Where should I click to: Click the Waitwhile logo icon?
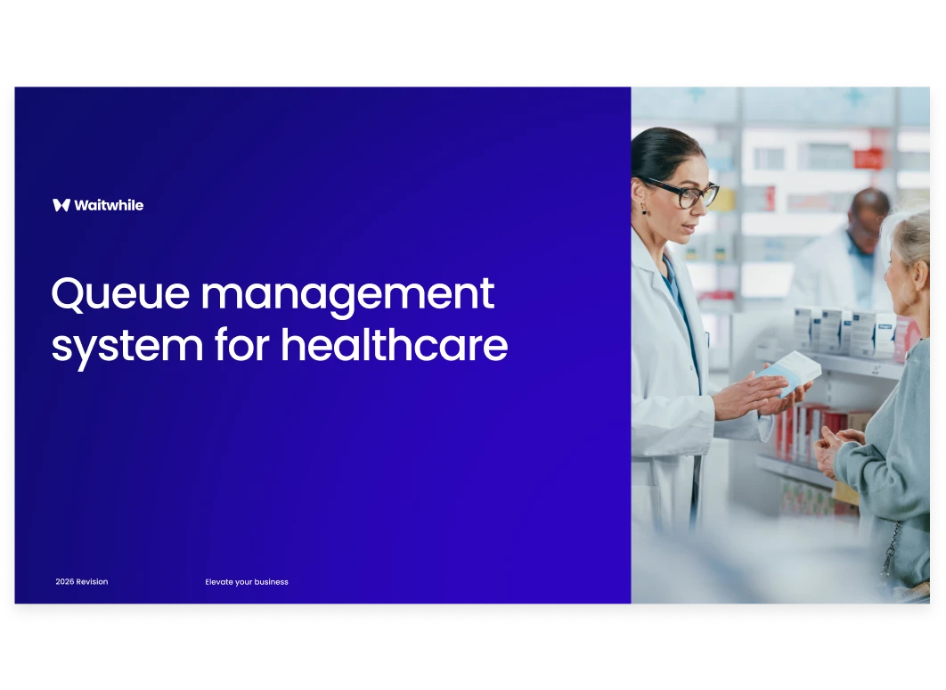click(x=61, y=205)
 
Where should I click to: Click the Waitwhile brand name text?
click(x=109, y=205)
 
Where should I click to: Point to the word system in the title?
click(x=126, y=347)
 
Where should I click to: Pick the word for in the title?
click(x=242, y=346)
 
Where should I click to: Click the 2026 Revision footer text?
click(x=81, y=582)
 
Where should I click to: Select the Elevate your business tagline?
click(x=247, y=582)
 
